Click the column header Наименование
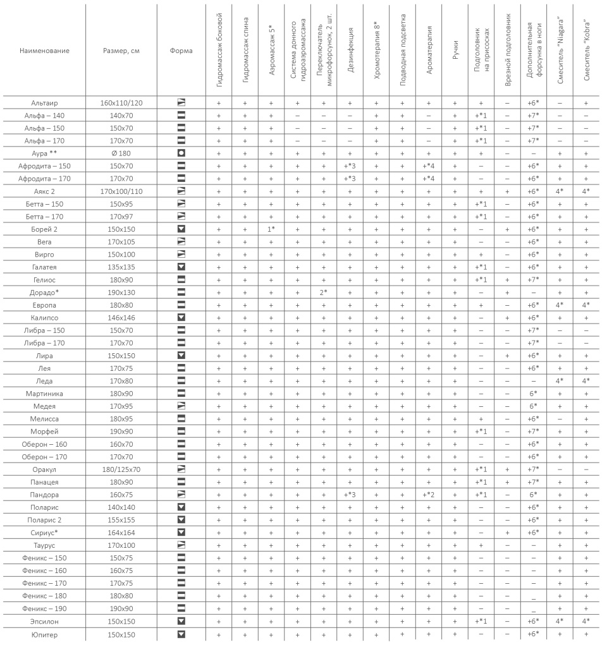[x=44, y=51]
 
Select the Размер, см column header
[x=122, y=51]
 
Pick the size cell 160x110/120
[x=122, y=102]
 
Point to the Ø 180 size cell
[x=122, y=153]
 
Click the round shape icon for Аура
[x=181, y=153]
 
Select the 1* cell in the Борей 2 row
[x=271, y=229]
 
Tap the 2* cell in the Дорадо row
[x=323, y=293]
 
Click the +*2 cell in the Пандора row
[x=428, y=495]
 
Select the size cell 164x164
[x=122, y=533]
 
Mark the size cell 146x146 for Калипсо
[x=122, y=318]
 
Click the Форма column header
[x=181, y=51]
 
